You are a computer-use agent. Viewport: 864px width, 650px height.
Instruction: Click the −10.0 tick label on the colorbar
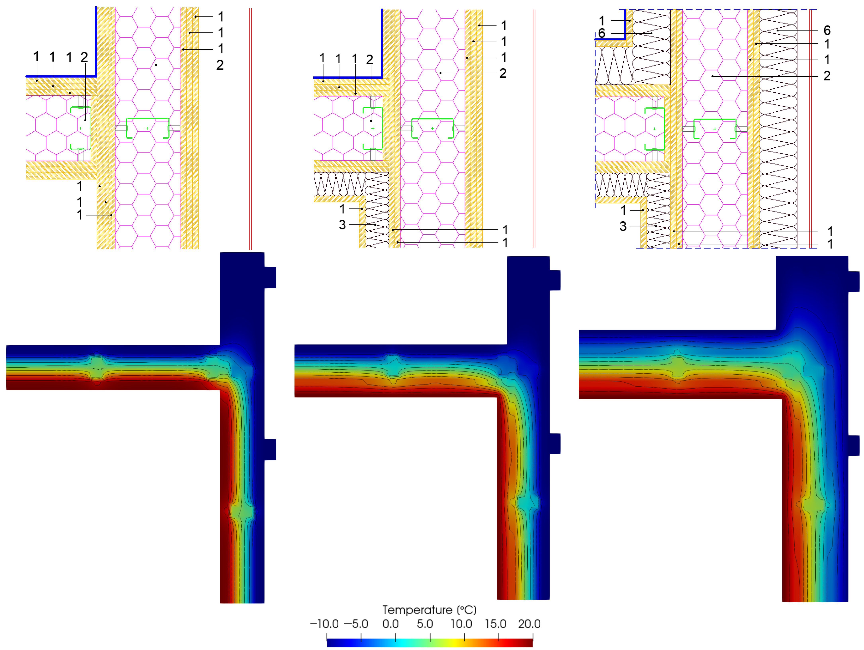[x=324, y=624]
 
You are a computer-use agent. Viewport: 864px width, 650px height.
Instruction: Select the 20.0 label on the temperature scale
[x=529, y=624]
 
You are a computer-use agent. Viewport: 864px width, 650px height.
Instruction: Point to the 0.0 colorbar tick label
[x=391, y=624]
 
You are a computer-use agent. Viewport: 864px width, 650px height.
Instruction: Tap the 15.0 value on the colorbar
[x=495, y=624]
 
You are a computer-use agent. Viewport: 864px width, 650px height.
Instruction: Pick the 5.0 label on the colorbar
[x=425, y=624]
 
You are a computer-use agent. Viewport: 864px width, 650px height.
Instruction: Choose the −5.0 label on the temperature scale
[x=356, y=624]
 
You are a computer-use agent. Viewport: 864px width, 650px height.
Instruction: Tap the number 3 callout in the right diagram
[x=623, y=226]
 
